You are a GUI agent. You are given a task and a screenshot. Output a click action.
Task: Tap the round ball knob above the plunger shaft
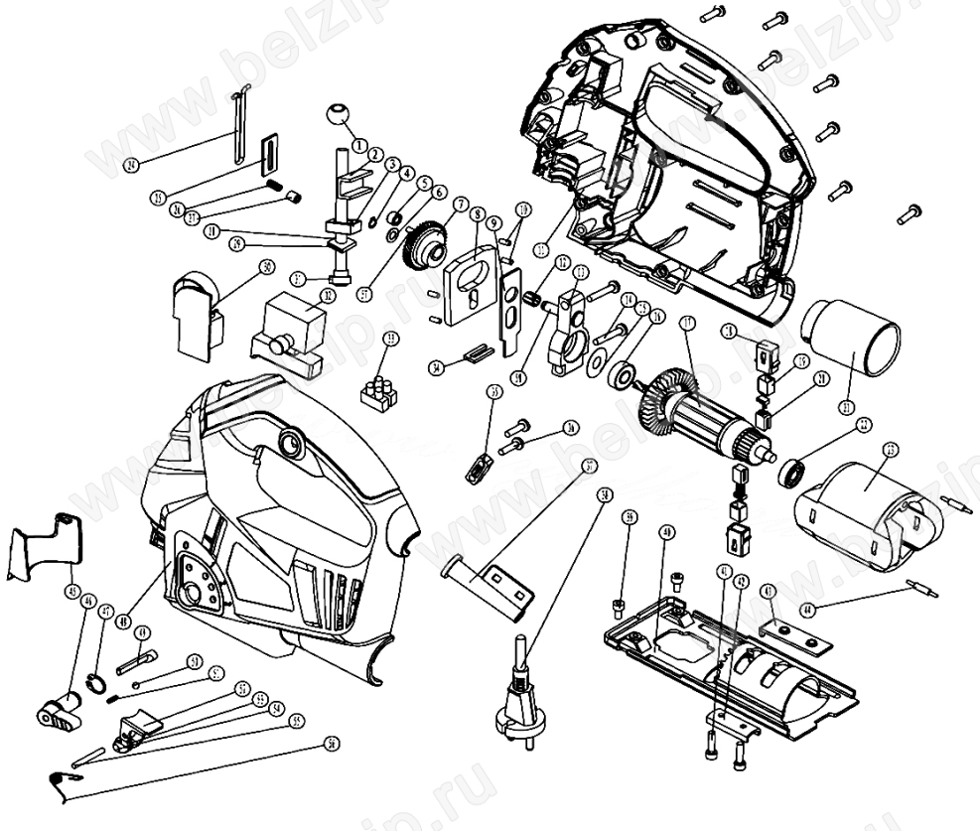pyautogui.click(x=338, y=117)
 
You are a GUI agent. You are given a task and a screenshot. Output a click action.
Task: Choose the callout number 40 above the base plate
pyautogui.click(x=666, y=533)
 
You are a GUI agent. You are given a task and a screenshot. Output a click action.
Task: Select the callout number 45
pyautogui.click(x=71, y=591)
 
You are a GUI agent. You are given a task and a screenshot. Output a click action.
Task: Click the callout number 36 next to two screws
pyautogui.click(x=572, y=428)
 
